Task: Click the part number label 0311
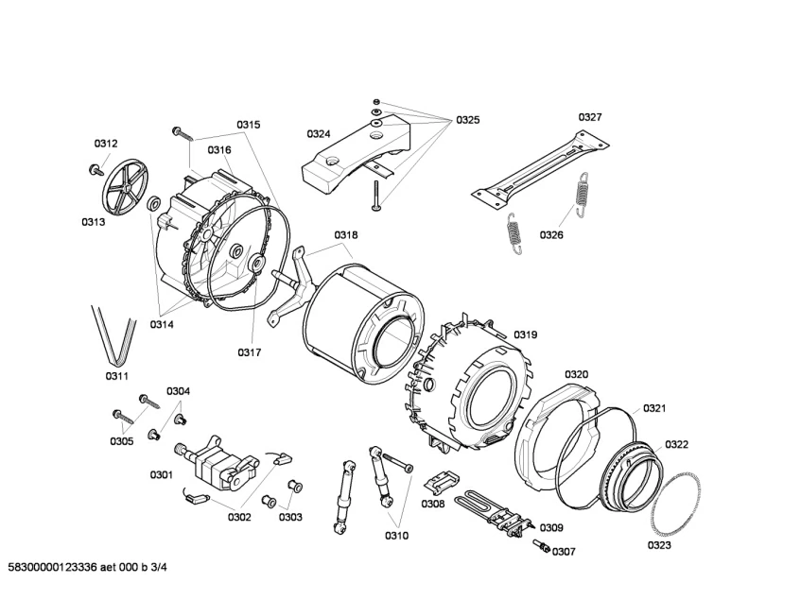pos(116,377)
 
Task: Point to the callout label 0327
pos(590,117)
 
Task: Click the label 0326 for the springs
pos(552,234)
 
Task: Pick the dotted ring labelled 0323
pos(675,511)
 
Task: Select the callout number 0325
pos(467,120)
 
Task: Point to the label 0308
pos(433,505)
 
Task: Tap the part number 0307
pos(564,552)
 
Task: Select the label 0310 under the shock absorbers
pos(396,536)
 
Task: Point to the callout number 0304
pos(178,391)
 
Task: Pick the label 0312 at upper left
pos(106,144)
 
